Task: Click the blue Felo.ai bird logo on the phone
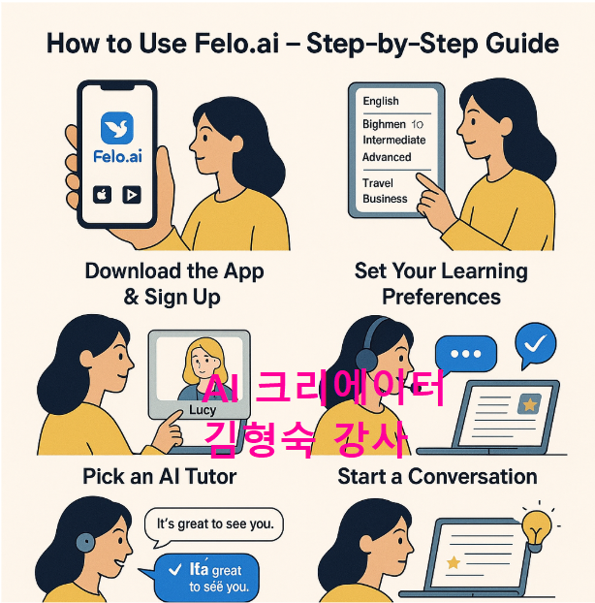pyautogui.click(x=115, y=128)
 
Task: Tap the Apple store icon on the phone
pyautogui.click(x=102, y=194)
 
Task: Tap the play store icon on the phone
pyautogui.click(x=131, y=194)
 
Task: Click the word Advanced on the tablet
pyautogui.click(x=387, y=157)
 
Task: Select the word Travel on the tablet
pyautogui.click(x=378, y=183)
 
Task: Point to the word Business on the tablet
pyautogui.click(x=385, y=199)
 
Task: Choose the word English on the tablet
pyautogui.click(x=381, y=101)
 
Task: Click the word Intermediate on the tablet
pyautogui.click(x=393, y=141)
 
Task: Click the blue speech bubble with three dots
pyautogui.click(x=465, y=354)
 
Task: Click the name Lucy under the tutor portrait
pyautogui.click(x=203, y=409)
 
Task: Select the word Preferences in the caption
pyautogui.click(x=441, y=296)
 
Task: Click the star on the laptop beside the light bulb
pyautogui.click(x=453, y=562)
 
